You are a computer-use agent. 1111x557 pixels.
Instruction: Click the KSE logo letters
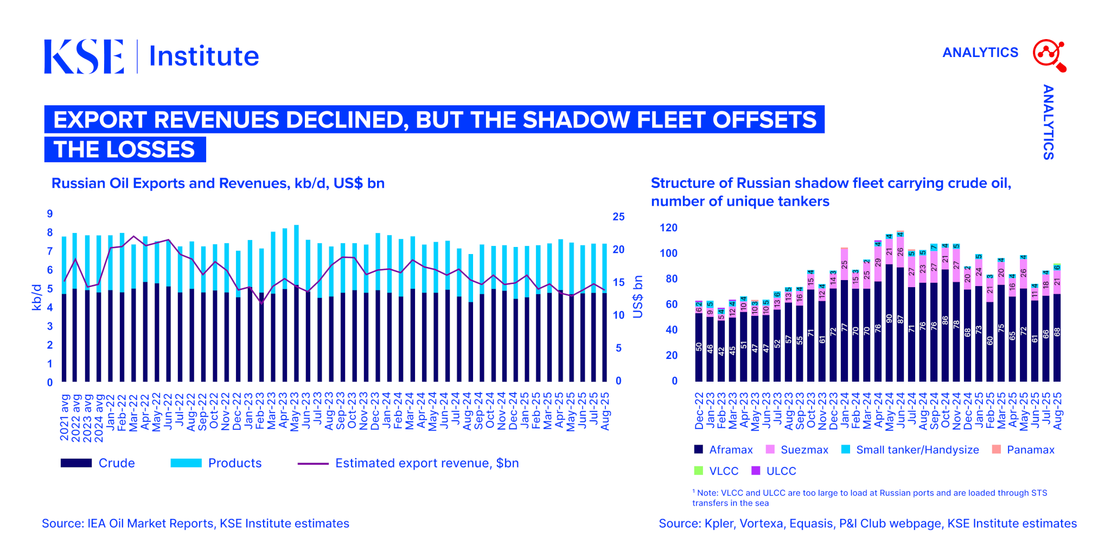(x=84, y=56)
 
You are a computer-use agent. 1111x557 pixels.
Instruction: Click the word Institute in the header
(x=204, y=56)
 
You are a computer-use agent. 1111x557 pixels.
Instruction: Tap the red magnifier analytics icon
(x=1049, y=55)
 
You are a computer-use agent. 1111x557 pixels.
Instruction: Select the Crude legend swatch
(x=76, y=463)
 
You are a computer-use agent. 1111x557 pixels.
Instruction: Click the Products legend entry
(x=234, y=463)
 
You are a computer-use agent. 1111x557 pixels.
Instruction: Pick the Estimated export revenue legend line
(x=313, y=464)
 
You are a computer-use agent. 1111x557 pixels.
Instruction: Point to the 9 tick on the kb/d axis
(x=50, y=214)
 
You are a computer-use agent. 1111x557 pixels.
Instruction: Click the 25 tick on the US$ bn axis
(x=618, y=217)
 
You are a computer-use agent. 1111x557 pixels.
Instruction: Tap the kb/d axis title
(x=37, y=297)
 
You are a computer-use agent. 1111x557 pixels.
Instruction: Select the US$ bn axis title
(x=638, y=297)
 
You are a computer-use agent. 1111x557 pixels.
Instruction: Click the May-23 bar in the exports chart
(x=296, y=304)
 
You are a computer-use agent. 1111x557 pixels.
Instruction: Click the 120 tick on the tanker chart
(x=668, y=228)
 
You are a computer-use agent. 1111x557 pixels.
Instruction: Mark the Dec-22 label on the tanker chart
(x=699, y=411)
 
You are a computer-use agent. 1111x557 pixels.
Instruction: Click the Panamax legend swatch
(x=996, y=450)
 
